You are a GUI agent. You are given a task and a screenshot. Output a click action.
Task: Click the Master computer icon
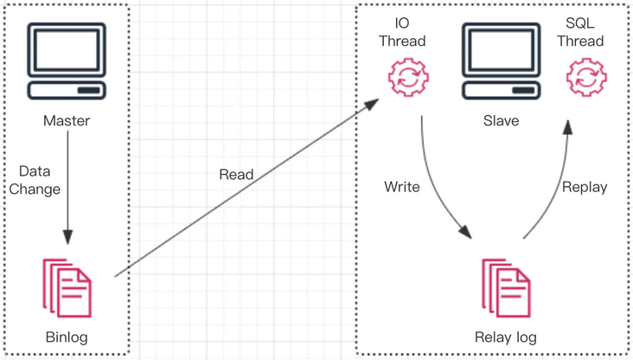67,61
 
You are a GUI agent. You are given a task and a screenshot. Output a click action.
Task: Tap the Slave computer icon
501,61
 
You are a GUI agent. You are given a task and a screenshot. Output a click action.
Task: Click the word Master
67,121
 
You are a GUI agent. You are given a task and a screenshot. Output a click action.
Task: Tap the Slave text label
501,121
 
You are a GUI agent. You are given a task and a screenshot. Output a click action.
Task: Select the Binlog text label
67,337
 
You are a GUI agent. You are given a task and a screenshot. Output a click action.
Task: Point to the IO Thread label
407,31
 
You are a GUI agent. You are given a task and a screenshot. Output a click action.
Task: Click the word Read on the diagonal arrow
236,175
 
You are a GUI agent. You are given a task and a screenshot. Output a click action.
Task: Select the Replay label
585,187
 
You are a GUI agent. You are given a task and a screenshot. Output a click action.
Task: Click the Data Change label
40,180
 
